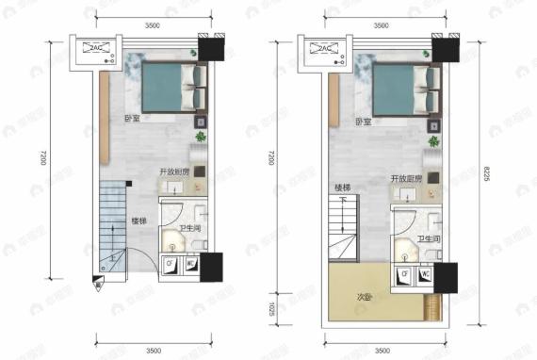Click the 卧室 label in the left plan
(x=130, y=121)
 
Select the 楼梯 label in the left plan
(x=139, y=221)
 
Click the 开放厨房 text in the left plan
(x=173, y=172)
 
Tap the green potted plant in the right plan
(x=434, y=140)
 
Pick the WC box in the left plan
(x=190, y=264)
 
